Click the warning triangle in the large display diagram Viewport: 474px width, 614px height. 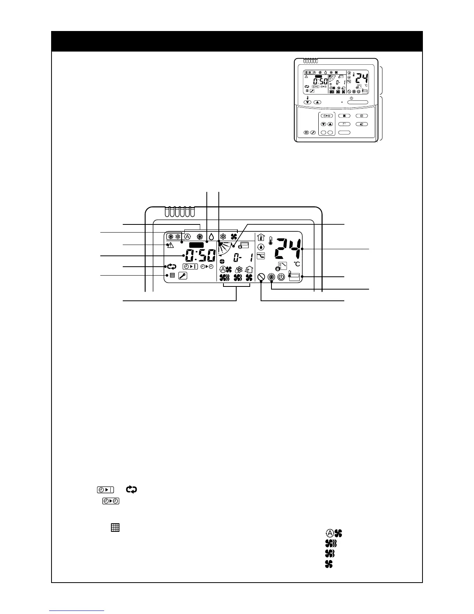pos(170,245)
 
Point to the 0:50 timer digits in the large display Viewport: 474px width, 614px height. pos(200,256)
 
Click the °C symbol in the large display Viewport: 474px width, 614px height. pos(297,264)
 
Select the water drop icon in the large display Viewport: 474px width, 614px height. pos(211,236)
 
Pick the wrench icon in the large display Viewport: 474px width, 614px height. pos(182,276)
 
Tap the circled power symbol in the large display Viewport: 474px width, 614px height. pos(281,277)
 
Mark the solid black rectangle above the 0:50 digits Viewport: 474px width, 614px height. pos(196,245)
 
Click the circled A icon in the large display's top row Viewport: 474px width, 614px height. pos(187,236)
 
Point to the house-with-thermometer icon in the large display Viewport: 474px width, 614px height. pos(260,237)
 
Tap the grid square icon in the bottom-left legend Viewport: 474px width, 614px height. pos(115,528)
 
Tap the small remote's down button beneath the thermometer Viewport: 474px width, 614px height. pos(308,102)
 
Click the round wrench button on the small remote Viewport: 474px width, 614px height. pos(313,133)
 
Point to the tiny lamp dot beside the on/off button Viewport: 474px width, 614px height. pos(342,102)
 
